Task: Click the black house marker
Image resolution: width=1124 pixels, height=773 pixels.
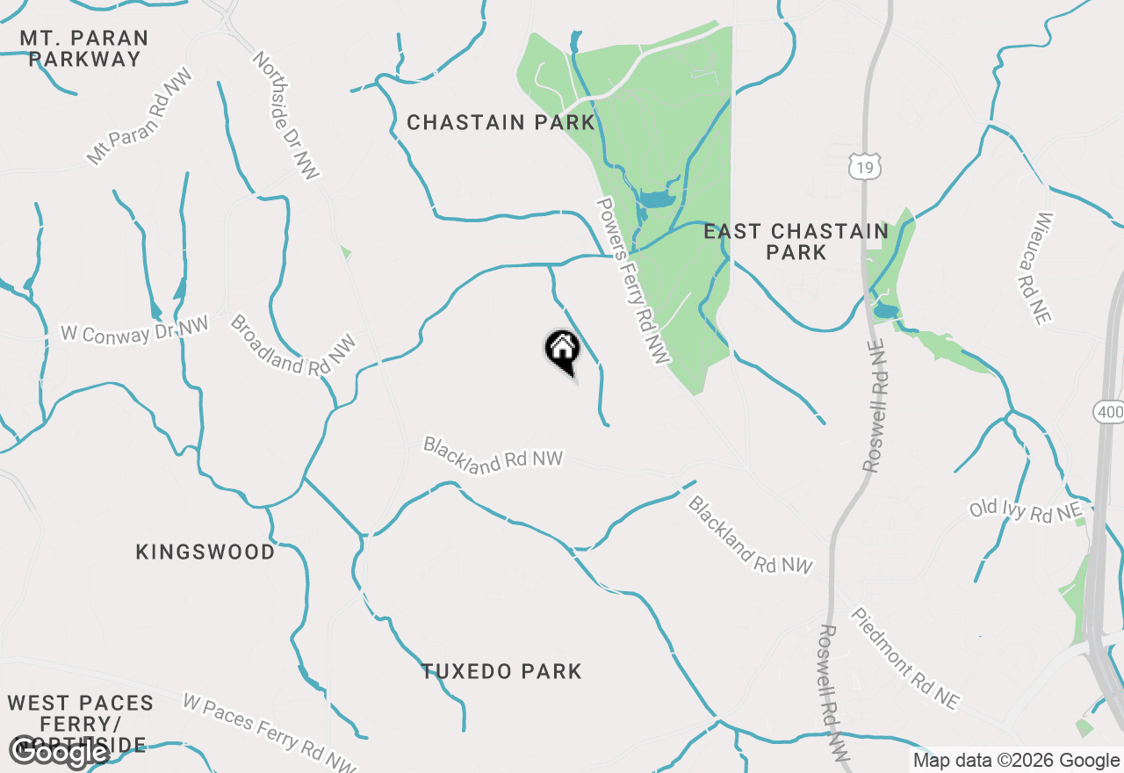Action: tap(562, 350)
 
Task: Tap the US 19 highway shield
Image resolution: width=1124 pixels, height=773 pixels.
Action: tap(865, 165)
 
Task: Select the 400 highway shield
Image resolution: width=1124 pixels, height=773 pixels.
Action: tap(1109, 411)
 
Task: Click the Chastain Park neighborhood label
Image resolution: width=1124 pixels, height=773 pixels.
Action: tap(501, 123)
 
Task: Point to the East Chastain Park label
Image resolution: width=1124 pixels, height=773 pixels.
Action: tap(796, 242)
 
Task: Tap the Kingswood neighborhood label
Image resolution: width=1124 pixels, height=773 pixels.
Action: tap(205, 553)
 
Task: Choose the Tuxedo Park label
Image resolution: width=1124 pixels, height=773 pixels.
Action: tap(501, 672)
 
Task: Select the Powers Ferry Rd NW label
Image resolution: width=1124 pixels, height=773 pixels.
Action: tap(632, 280)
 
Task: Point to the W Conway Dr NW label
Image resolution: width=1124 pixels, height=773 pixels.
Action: tap(134, 330)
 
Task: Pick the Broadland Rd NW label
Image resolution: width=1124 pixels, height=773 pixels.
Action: tap(292, 345)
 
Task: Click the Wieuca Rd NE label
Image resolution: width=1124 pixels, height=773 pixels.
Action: tap(1042, 268)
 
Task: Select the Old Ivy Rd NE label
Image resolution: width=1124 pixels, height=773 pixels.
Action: tap(1025, 510)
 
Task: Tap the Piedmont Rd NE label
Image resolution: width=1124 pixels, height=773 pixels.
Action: tap(904, 658)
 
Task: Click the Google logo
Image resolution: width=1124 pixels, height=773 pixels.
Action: tap(59, 752)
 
